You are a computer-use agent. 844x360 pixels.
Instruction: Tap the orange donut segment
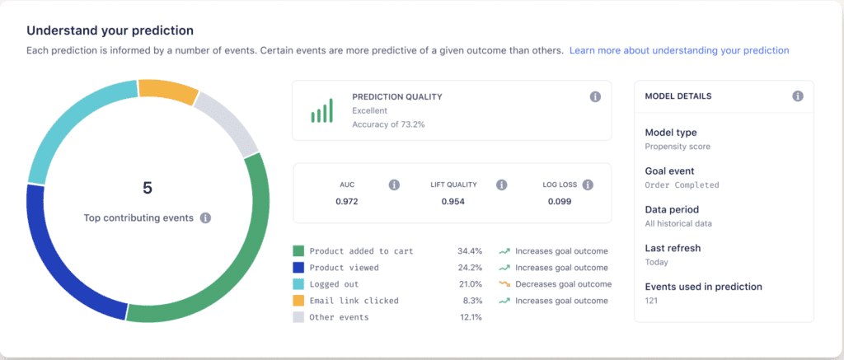pos(168,91)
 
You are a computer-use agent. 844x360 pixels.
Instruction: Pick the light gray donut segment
pos(227,124)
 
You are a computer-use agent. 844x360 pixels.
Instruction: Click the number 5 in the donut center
pos(148,188)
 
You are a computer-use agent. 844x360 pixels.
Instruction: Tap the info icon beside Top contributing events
pos(205,218)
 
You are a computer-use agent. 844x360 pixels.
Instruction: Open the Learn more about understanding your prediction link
pos(678,50)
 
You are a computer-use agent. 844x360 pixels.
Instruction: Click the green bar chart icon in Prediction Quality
pos(321,111)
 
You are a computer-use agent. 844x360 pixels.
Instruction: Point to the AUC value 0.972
pos(347,202)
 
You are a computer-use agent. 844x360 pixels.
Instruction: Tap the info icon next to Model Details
pos(797,96)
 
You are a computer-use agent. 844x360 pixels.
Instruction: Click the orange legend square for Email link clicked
pos(298,301)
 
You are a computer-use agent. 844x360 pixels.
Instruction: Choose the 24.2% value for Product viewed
pos(470,268)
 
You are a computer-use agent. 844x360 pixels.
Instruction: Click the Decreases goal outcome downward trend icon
pos(504,284)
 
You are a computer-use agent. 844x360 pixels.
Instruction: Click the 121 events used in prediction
pos(652,301)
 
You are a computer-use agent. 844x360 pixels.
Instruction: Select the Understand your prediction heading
pos(110,30)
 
